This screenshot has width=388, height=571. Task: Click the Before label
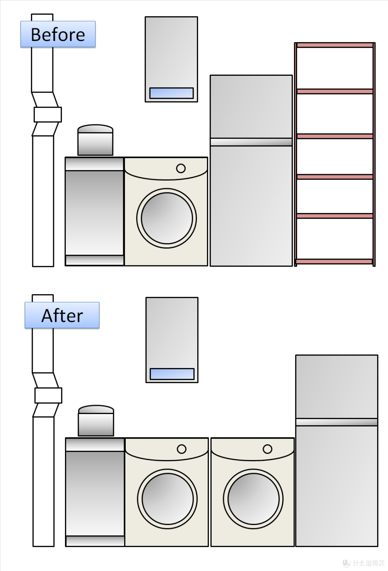pos(58,34)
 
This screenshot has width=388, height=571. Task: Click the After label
pos(62,315)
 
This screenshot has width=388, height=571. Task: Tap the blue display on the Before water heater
pos(171,93)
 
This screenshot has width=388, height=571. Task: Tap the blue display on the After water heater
pos(172,374)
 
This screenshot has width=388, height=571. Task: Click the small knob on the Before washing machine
pos(181,168)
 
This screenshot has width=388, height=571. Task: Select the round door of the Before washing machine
pos(167,218)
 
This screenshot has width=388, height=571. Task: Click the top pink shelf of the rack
pos(335,45)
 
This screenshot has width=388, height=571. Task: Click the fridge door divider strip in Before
pos(251,142)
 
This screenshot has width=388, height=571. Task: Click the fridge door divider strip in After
pos(337,422)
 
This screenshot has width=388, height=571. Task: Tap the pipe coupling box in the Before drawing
pos(48,115)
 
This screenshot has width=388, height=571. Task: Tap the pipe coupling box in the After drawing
pos(48,395)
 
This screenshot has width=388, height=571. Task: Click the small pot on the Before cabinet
pos(95,140)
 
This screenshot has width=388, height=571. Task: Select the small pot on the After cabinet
pos(96,421)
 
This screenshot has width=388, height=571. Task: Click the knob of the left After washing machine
pos(181,449)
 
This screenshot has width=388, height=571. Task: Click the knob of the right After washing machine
pos(267,449)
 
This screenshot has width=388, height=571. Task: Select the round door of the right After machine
pos(253,499)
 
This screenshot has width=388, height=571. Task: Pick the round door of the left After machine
pos(167,499)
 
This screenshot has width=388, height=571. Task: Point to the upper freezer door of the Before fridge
pos(251,107)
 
